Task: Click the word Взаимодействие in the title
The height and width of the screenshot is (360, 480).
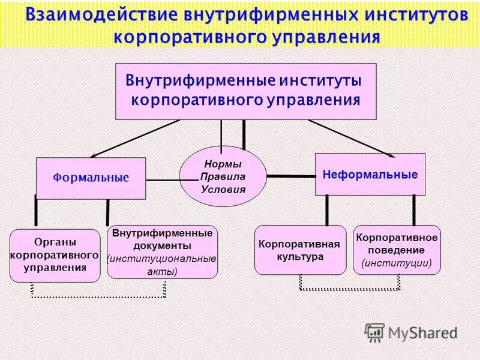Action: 104,15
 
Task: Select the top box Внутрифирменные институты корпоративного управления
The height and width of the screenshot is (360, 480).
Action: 245,91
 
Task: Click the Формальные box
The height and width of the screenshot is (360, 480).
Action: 91,178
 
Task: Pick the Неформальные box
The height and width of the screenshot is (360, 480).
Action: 370,175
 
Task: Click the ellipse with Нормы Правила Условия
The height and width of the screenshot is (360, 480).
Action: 223,176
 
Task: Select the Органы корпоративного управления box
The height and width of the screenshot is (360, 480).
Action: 55,255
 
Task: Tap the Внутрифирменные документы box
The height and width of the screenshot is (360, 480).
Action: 162,252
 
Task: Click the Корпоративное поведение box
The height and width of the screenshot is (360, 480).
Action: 397,250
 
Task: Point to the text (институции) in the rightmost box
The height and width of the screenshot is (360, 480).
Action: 397,263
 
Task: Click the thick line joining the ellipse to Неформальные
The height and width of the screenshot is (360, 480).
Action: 291,176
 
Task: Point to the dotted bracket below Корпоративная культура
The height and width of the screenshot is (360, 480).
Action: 349,289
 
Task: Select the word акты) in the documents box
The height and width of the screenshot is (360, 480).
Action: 162,271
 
